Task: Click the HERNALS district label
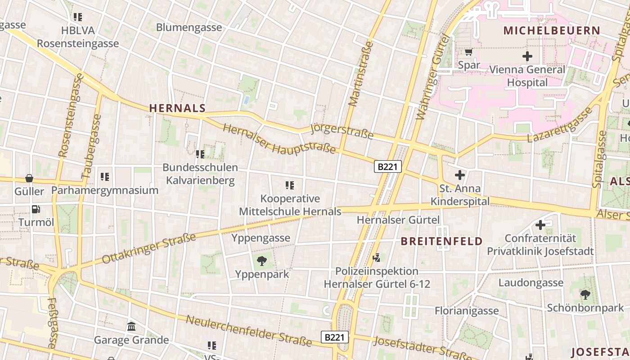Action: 177,108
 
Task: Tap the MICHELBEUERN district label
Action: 551,31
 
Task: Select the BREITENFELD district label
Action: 441,241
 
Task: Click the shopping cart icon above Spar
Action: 468,52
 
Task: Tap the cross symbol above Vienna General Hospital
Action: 527,57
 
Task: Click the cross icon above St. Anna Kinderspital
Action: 459,175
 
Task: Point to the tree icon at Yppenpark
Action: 261,261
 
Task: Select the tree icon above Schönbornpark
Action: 585,295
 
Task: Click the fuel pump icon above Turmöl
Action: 36,209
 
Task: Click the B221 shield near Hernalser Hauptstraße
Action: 387,167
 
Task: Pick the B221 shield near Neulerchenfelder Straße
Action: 335,337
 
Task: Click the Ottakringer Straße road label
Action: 149,249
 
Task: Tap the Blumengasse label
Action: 189,27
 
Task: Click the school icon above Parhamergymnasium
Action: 105,177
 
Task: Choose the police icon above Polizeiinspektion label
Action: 377,258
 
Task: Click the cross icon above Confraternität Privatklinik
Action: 540,225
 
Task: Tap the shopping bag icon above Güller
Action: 29,178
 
